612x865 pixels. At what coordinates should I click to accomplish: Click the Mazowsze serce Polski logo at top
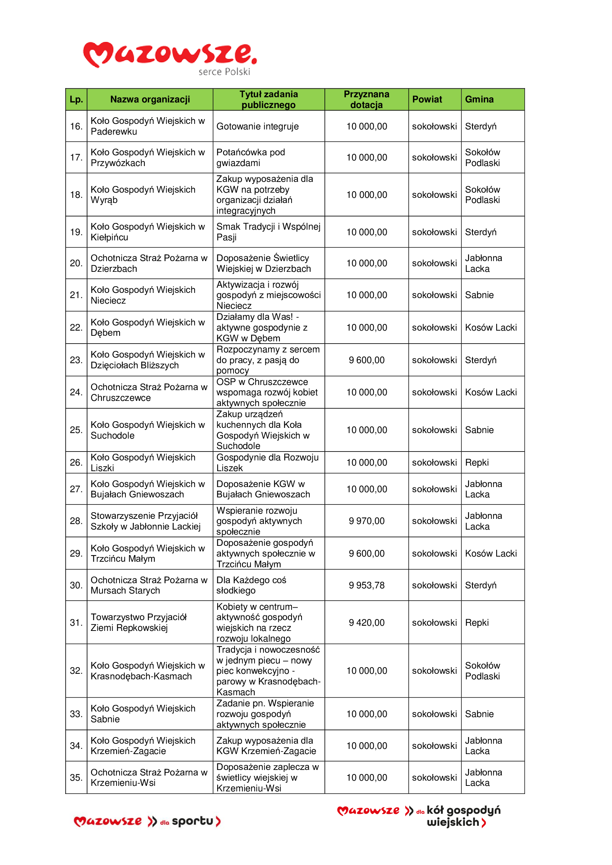tap(170, 58)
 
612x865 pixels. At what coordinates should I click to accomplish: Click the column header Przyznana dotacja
tap(366, 99)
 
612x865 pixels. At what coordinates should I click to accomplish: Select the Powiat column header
tap(427, 99)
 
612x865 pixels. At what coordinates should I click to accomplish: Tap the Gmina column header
tap(479, 99)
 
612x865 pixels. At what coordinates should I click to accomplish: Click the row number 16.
tap(76, 126)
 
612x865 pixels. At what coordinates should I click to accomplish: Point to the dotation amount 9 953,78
tap(366, 585)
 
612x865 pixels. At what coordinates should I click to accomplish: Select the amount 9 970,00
tap(366, 521)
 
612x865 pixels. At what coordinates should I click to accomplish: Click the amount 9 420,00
tap(366, 623)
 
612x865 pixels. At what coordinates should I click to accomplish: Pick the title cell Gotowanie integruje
tap(258, 126)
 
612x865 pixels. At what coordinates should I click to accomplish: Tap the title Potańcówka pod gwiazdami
tap(250, 158)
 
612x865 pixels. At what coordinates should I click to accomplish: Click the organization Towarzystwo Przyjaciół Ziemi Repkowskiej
tap(139, 622)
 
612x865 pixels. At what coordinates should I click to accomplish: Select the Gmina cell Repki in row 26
tap(477, 463)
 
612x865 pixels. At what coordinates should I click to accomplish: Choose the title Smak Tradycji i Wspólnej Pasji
tap(268, 232)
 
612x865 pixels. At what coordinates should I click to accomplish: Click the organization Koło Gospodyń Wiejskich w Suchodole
tap(148, 430)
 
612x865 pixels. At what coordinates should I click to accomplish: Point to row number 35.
tap(76, 778)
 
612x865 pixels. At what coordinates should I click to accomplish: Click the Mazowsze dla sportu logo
tap(147, 821)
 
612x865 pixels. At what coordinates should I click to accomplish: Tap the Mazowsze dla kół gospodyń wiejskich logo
tap(419, 816)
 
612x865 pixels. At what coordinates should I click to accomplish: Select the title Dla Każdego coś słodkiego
tap(251, 585)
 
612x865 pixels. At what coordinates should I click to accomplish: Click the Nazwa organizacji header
tap(150, 99)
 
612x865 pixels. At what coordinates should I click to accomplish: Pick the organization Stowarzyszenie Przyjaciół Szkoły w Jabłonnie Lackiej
tap(145, 521)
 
